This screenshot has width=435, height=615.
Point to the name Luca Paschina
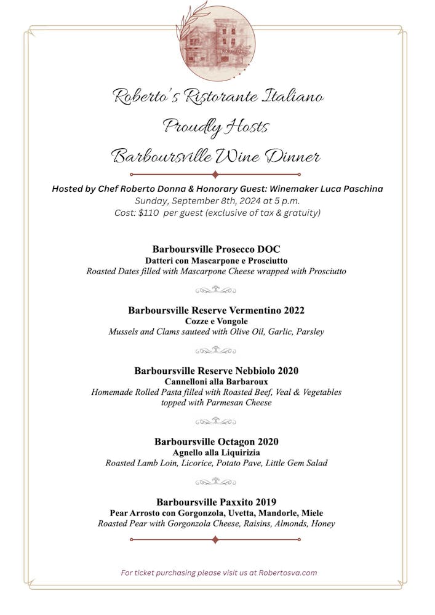coord(353,189)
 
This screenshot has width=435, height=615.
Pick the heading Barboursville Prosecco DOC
coord(217,249)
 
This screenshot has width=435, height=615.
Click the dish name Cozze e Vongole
coord(217,321)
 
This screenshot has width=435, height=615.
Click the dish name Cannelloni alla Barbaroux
coord(217,382)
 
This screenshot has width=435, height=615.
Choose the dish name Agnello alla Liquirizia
coord(217,453)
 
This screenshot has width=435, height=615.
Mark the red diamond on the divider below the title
coord(215,175)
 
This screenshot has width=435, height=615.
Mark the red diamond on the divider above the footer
coord(215,540)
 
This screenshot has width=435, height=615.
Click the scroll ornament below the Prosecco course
coord(215,290)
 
